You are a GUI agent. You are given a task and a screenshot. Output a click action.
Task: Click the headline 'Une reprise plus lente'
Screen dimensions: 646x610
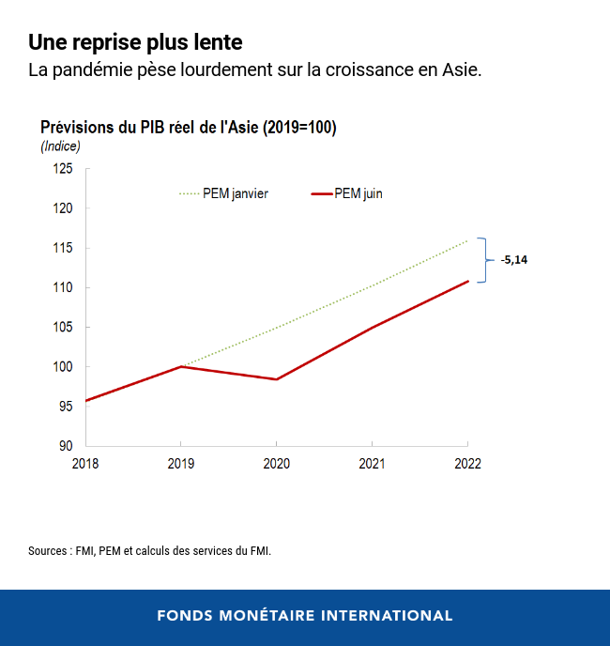[x=135, y=42]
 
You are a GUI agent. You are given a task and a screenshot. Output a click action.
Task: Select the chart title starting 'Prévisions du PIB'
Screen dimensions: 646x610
[x=188, y=128]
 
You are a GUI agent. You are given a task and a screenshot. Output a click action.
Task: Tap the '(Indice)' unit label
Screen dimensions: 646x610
[x=60, y=146]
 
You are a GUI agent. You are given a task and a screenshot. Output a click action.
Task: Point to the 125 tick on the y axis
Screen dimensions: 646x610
[x=64, y=169]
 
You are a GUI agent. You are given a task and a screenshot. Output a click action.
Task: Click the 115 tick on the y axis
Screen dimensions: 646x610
[x=64, y=248]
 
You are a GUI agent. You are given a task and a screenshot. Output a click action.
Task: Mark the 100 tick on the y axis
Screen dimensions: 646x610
[x=64, y=366]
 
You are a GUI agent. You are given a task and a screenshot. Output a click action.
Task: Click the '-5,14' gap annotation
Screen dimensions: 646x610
[x=513, y=260]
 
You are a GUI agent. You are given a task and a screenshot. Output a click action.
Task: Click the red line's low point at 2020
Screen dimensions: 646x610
[x=276, y=379]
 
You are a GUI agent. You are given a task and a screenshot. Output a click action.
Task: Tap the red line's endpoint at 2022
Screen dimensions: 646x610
[x=467, y=281]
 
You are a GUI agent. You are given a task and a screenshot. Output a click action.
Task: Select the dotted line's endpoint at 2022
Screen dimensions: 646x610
[x=467, y=240]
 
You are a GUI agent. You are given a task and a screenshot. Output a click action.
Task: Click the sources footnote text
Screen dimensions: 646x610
[x=149, y=551]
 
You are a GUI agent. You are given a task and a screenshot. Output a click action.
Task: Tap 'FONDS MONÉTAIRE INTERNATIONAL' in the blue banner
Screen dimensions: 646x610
[x=305, y=616]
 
